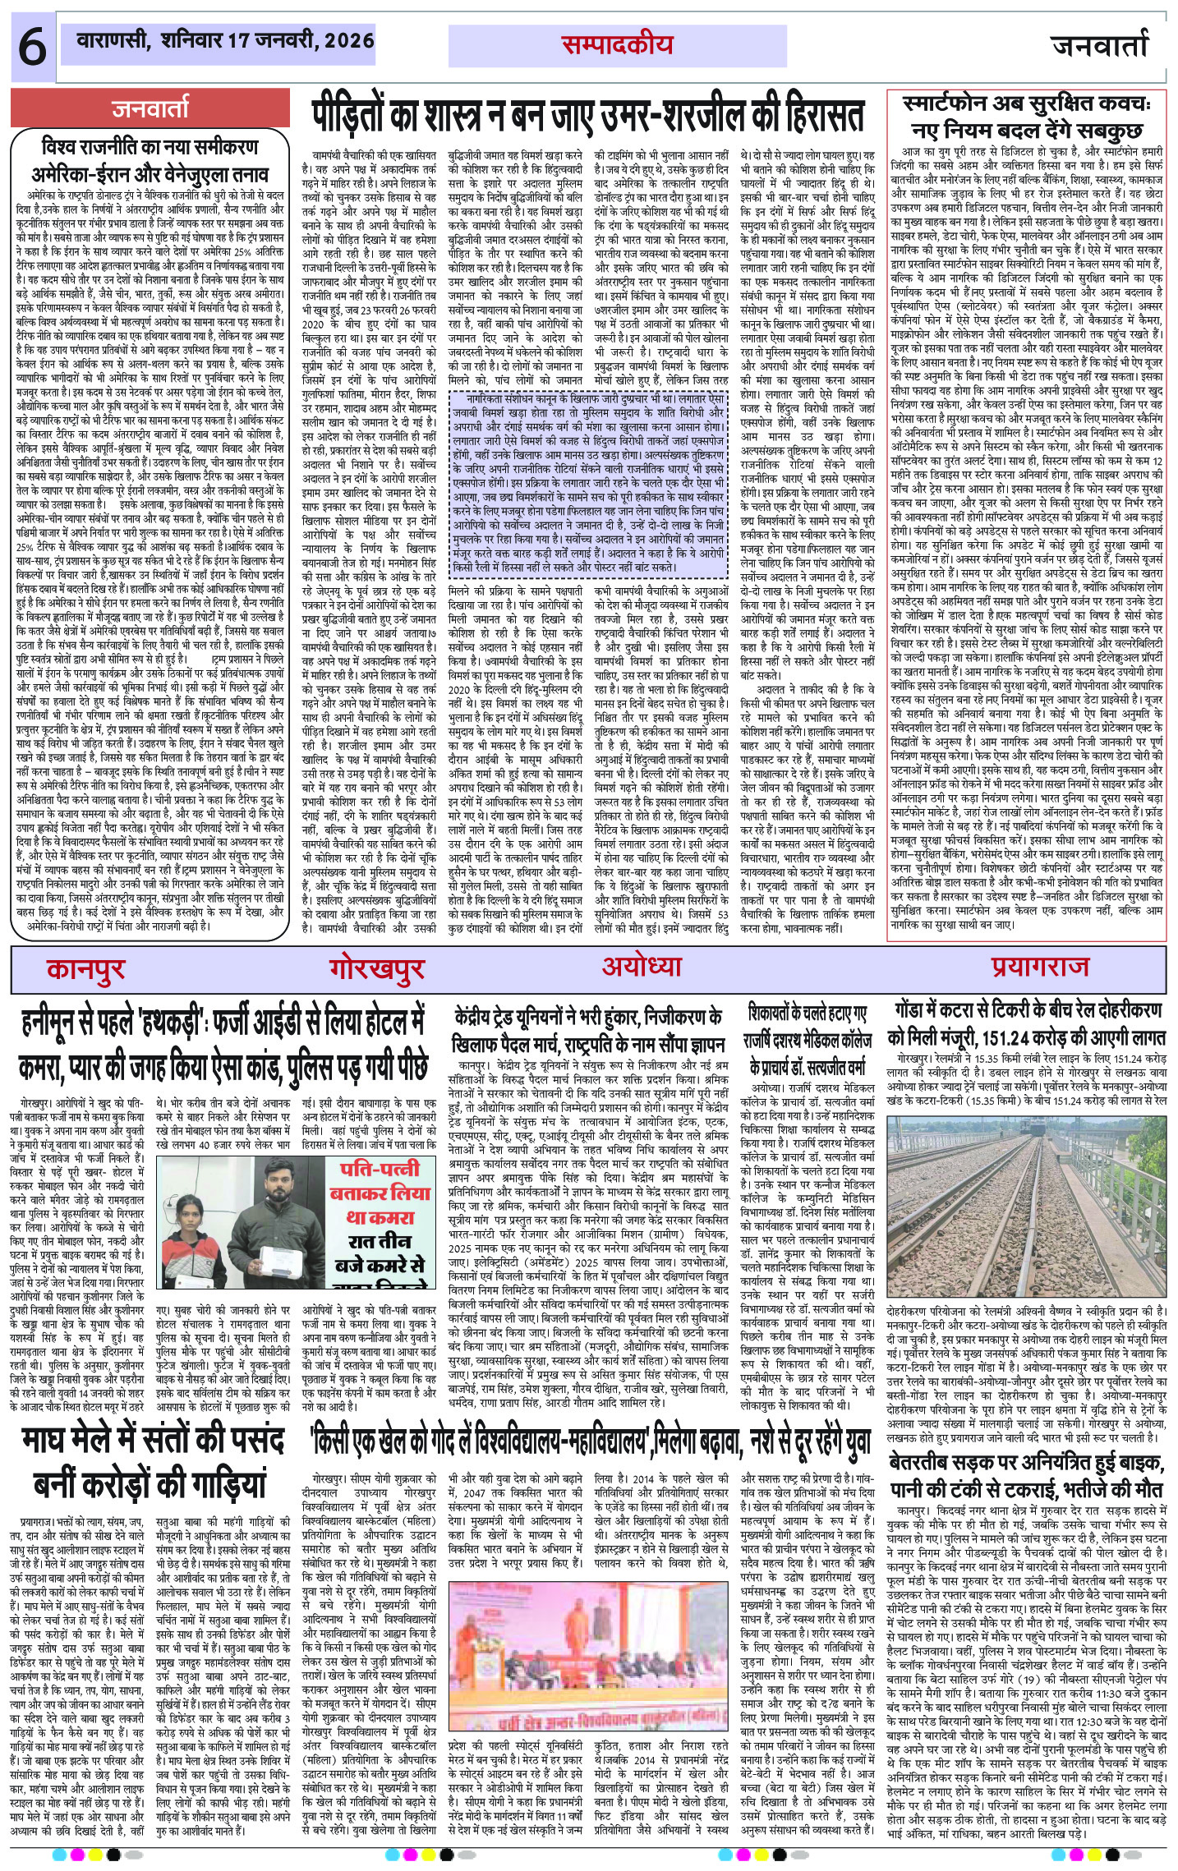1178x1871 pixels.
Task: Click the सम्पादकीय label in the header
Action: coord(617,46)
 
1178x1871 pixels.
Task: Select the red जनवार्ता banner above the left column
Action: coord(150,107)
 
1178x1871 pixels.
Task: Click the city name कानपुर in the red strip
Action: coord(85,969)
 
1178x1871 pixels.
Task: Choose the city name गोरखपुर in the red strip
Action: coord(380,969)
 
